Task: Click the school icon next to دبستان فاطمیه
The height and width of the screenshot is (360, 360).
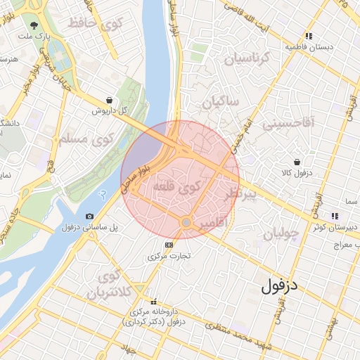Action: click(308, 36)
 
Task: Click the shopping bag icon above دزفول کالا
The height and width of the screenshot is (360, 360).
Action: click(298, 162)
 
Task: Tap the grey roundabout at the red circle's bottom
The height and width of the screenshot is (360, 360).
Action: click(186, 223)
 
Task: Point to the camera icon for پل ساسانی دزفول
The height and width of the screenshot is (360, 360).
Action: click(89, 216)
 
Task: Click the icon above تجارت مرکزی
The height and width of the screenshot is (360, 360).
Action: click(168, 245)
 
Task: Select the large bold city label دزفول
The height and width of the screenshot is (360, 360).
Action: click(281, 285)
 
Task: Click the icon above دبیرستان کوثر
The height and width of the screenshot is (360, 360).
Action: click(331, 215)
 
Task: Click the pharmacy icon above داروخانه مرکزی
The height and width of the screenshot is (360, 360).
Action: click(154, 301)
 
